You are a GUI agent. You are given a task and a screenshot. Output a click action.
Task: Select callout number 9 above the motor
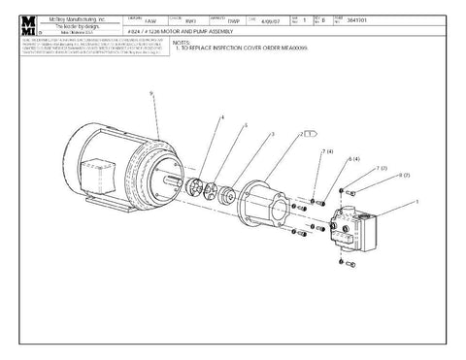click(151, 93)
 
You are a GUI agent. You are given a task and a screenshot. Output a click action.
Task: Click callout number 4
click(221, 117)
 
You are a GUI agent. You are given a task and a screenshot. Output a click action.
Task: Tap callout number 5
click(246, 125)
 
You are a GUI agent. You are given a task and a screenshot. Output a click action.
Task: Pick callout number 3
click(272, 133)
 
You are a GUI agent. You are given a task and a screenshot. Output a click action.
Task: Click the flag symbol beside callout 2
click(312, 135)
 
